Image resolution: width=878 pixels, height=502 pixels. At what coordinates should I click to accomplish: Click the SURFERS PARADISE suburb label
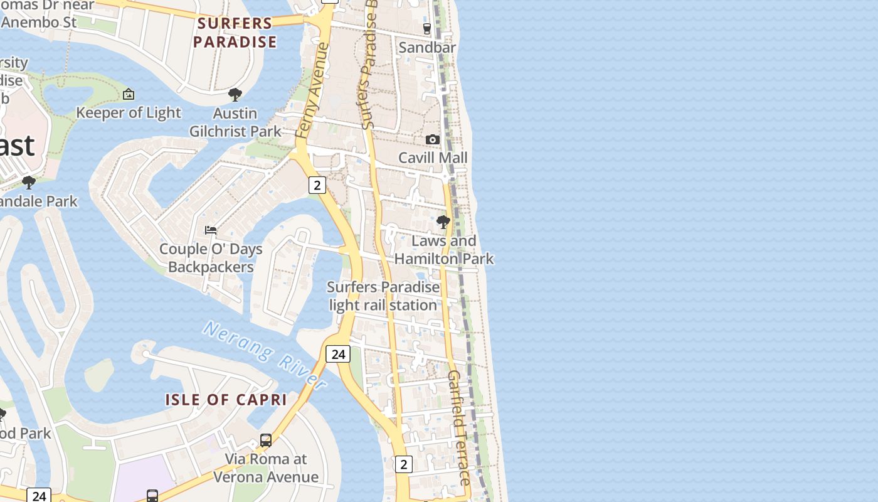point(235,33)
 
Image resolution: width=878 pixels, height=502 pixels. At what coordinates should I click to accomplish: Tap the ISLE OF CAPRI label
point(226,400)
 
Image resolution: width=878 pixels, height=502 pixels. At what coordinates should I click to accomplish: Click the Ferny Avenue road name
point(312,90)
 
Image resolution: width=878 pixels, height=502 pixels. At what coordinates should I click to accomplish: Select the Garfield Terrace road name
point(458,427)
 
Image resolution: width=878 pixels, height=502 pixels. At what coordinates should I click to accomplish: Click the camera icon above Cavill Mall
point(433,139)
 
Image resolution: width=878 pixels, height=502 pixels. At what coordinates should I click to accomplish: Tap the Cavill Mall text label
point(433,158)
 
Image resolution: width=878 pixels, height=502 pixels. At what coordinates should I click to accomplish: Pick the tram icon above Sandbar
point(427,29)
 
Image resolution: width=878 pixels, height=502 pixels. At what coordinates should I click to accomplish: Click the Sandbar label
point(427,47)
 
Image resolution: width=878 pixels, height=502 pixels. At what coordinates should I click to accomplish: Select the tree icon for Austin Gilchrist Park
point(235,95)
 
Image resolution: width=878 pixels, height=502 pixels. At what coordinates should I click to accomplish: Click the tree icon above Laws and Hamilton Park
point(443,222)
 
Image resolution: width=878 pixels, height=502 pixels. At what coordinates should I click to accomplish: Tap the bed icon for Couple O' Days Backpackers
point(211,230)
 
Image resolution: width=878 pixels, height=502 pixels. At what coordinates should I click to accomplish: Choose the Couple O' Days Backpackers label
point(211,258)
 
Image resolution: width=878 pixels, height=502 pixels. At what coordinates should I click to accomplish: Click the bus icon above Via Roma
point(266,441)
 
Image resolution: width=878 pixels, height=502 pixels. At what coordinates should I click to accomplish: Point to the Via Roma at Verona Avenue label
point(266,468)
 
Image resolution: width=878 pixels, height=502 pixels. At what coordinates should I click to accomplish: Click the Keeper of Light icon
point(129,94)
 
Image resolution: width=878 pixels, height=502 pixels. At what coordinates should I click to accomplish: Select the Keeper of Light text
point(129,113)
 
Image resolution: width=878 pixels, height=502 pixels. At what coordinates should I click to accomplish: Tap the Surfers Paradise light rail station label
point(383,296)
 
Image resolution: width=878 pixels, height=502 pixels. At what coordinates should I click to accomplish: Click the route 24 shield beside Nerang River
point(338,354)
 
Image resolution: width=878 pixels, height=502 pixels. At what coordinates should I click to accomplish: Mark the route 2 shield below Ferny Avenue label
point(317,185)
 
